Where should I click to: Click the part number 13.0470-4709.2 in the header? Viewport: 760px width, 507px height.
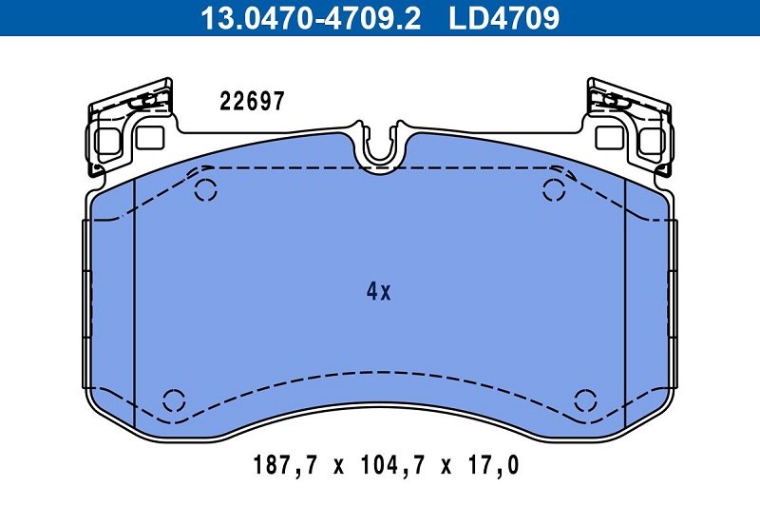[311, 17]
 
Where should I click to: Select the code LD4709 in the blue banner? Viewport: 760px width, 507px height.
[504, 17]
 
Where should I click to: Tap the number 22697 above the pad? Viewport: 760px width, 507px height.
[252, 102]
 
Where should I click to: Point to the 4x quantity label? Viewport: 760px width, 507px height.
[378, 291]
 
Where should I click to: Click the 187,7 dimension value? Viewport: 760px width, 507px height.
[286, 465]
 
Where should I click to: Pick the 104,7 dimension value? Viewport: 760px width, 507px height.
[392, 465]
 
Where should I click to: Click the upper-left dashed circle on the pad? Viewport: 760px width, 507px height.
[206, 190]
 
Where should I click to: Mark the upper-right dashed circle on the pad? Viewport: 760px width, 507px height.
[554, 190]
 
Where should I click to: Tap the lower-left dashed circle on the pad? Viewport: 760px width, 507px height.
[174, 400]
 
